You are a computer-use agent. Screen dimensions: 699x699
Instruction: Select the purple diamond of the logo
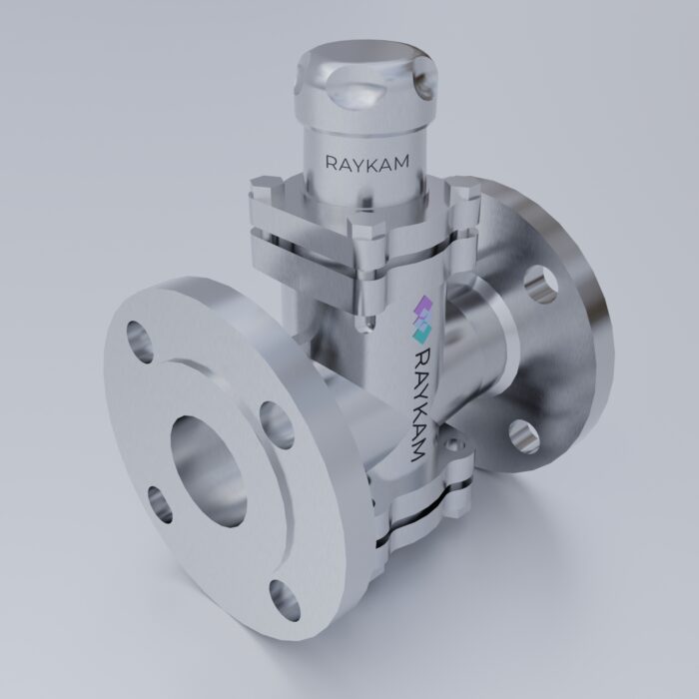click(421, 308)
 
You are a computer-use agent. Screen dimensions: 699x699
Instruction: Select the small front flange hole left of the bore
click(158, 502)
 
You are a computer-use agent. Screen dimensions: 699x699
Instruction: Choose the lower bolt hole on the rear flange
click(523, 435)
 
